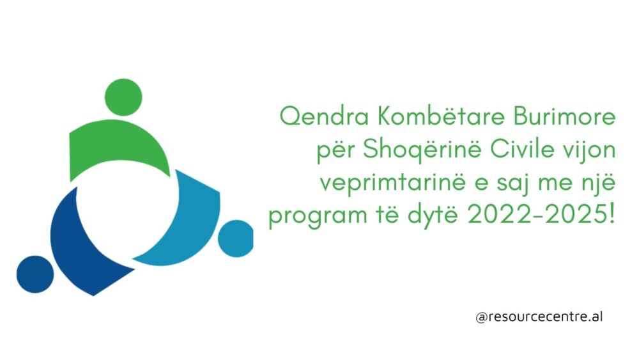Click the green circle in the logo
click(123, 97)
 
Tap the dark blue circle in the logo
click(35, 274)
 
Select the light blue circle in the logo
click(236, 239)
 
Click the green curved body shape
click(118, 147)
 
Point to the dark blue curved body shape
click(82, 249)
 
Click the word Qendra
click(325, 117)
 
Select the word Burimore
click(564, 116)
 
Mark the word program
click(318, 216)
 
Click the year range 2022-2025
click(541, 214)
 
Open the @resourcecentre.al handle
click(539, 317)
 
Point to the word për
click(336, 151)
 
